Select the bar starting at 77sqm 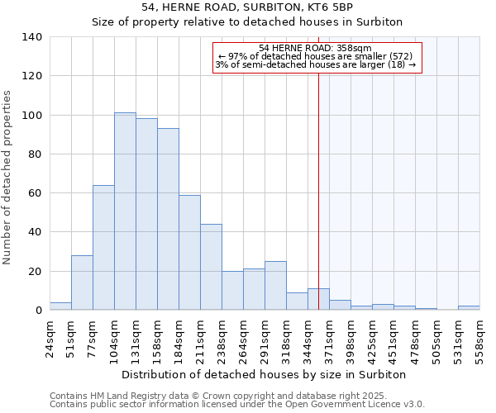[x=103, y=248]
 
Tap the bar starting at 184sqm [x=189, y=253]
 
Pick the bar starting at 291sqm [x=275, y=286]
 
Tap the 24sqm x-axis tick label [x=50, y=337]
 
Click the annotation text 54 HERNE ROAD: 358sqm [x=317, y=48]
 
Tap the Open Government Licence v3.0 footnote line [x=237, y=405]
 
